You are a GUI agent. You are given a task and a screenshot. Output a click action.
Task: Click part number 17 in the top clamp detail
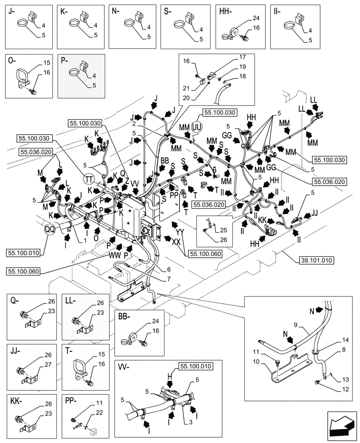pyautogui.click(x=243, y=57)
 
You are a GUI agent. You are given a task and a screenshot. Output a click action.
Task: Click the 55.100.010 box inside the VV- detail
pyautogui.click(x=196, y=365)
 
